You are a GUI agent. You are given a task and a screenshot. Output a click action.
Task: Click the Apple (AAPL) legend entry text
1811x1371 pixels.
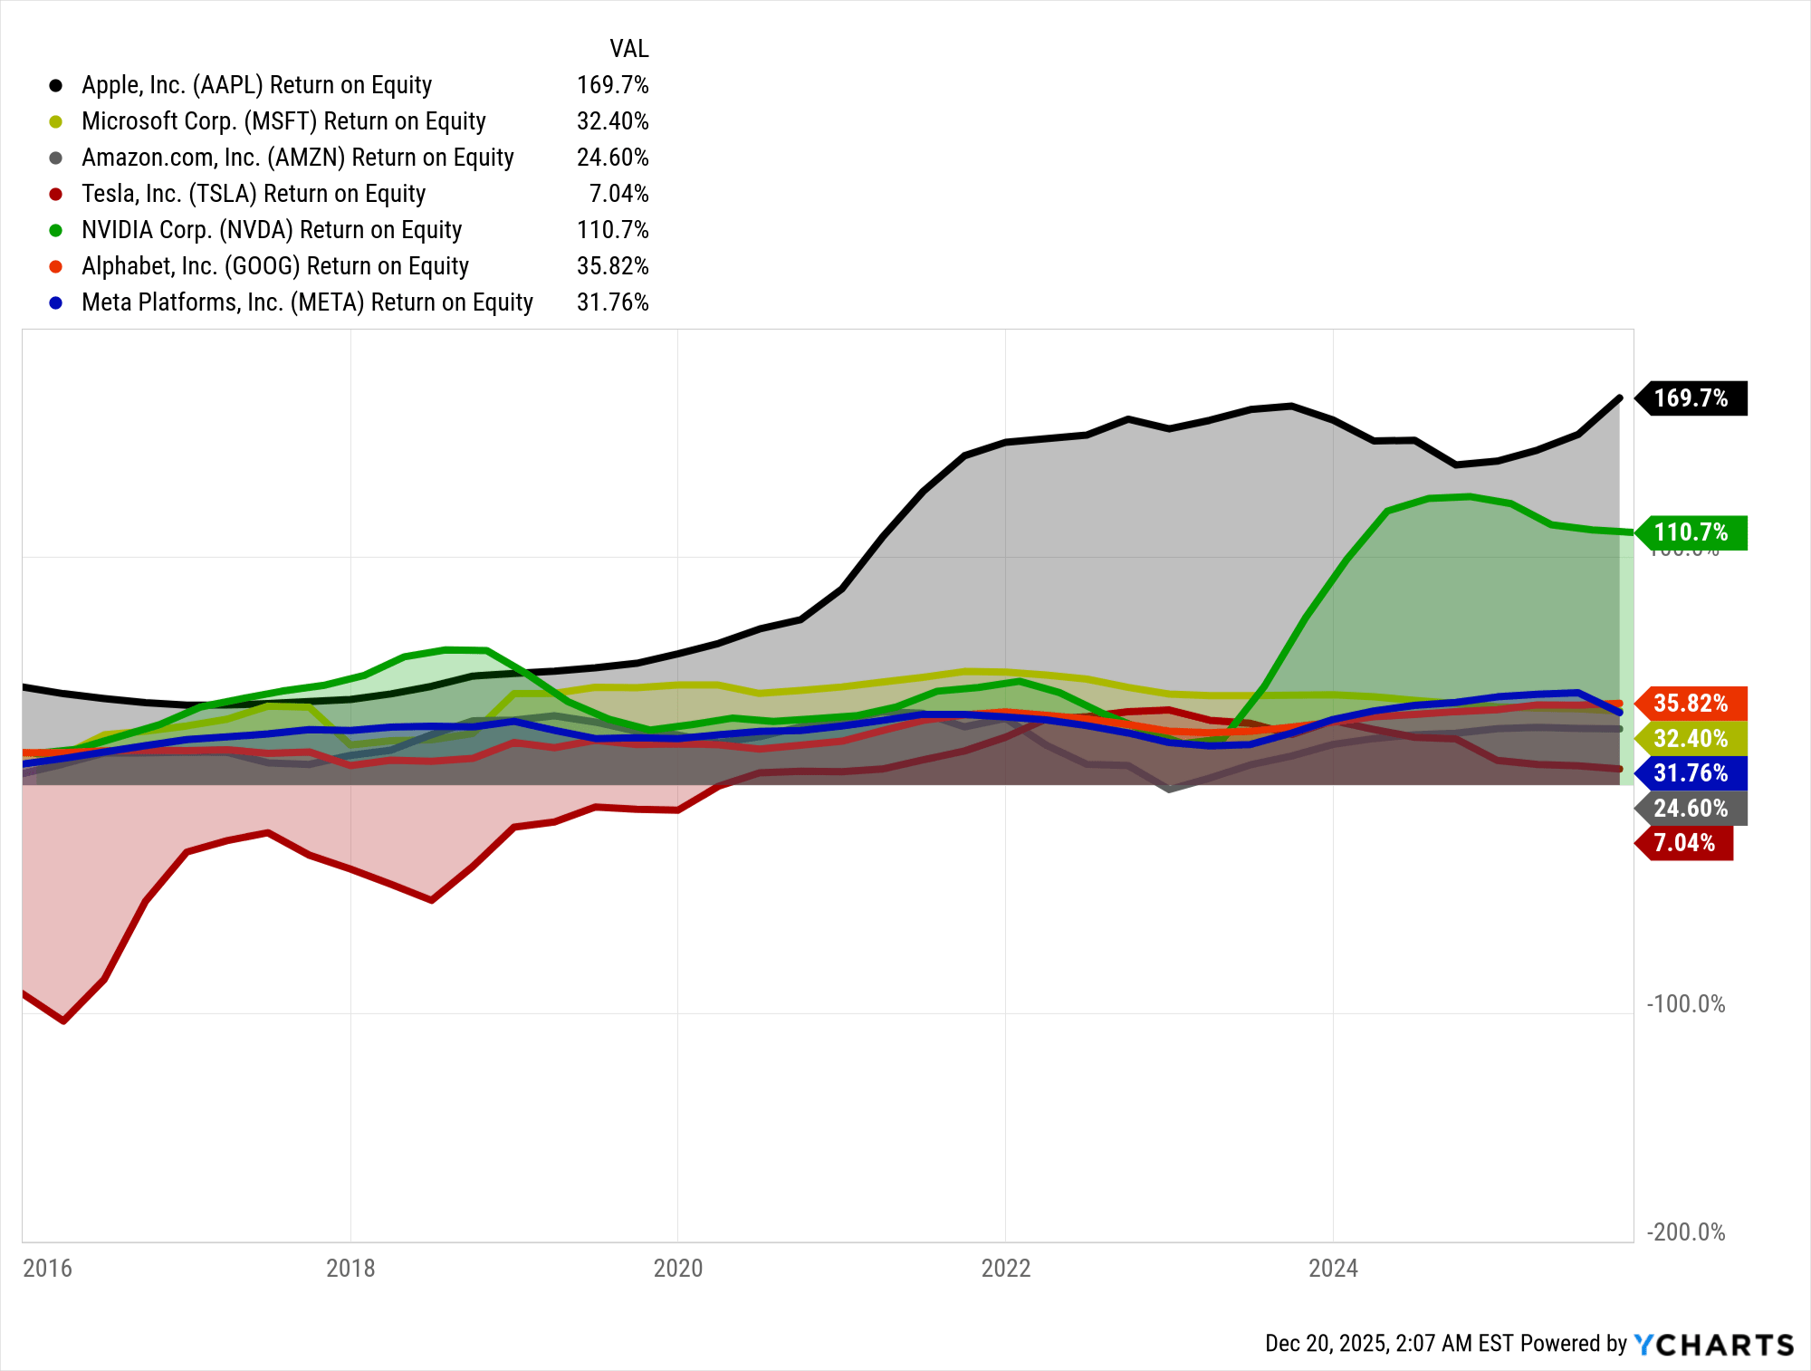tap(256, 85)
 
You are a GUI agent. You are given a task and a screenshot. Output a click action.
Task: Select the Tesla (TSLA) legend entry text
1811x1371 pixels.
tap(253, 194)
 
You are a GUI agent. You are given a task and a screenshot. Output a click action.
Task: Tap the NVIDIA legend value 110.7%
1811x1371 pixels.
tap(612, 230)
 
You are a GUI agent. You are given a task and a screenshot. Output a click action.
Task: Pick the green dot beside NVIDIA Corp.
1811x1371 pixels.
tap(56, 231)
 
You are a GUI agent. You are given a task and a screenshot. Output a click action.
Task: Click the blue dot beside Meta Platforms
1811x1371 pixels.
tap(56, 303)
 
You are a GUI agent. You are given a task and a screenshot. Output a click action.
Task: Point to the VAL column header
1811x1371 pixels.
tap(628, 49)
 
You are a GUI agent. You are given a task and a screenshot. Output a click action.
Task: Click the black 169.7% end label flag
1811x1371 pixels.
tap(1690, 398)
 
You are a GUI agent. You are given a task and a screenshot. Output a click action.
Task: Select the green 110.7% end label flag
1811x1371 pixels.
tap(1690, 532)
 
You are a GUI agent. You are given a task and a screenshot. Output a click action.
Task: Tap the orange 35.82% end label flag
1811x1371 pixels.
tap(1690, 704)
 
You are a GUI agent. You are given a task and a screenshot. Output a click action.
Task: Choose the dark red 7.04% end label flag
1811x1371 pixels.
tap(1683, 843)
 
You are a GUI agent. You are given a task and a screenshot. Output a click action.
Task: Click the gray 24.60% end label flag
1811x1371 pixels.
tap(1690, 809)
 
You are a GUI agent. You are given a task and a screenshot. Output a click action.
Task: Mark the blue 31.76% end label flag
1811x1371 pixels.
tap(1690, 773)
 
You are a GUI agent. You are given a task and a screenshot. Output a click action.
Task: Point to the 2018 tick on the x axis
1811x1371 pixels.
tap(350, 1268)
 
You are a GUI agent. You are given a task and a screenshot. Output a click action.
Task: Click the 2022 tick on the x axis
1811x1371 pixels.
tap(1006, 1268)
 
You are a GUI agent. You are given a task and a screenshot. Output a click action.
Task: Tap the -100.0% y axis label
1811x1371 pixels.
tap(1685, 1004)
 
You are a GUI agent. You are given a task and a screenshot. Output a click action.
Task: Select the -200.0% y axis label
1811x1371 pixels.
tap(1685, 1232)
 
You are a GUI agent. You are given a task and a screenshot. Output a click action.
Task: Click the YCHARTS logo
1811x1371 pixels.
tap(1713, 1345)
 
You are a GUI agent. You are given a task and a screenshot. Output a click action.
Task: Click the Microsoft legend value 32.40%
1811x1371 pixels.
tap(612, 121)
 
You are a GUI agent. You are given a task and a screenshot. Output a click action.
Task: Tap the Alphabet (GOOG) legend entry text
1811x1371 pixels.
tap(274, 266)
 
